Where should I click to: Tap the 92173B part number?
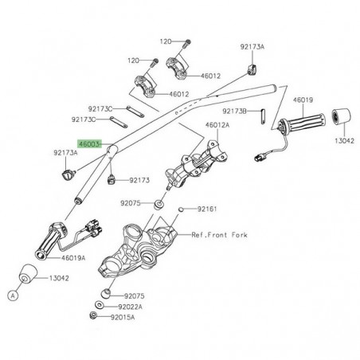pos(235,111)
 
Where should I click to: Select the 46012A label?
pos(217,126)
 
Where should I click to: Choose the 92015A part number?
pos(124,318)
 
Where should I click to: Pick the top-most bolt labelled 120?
pos(187,41)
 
